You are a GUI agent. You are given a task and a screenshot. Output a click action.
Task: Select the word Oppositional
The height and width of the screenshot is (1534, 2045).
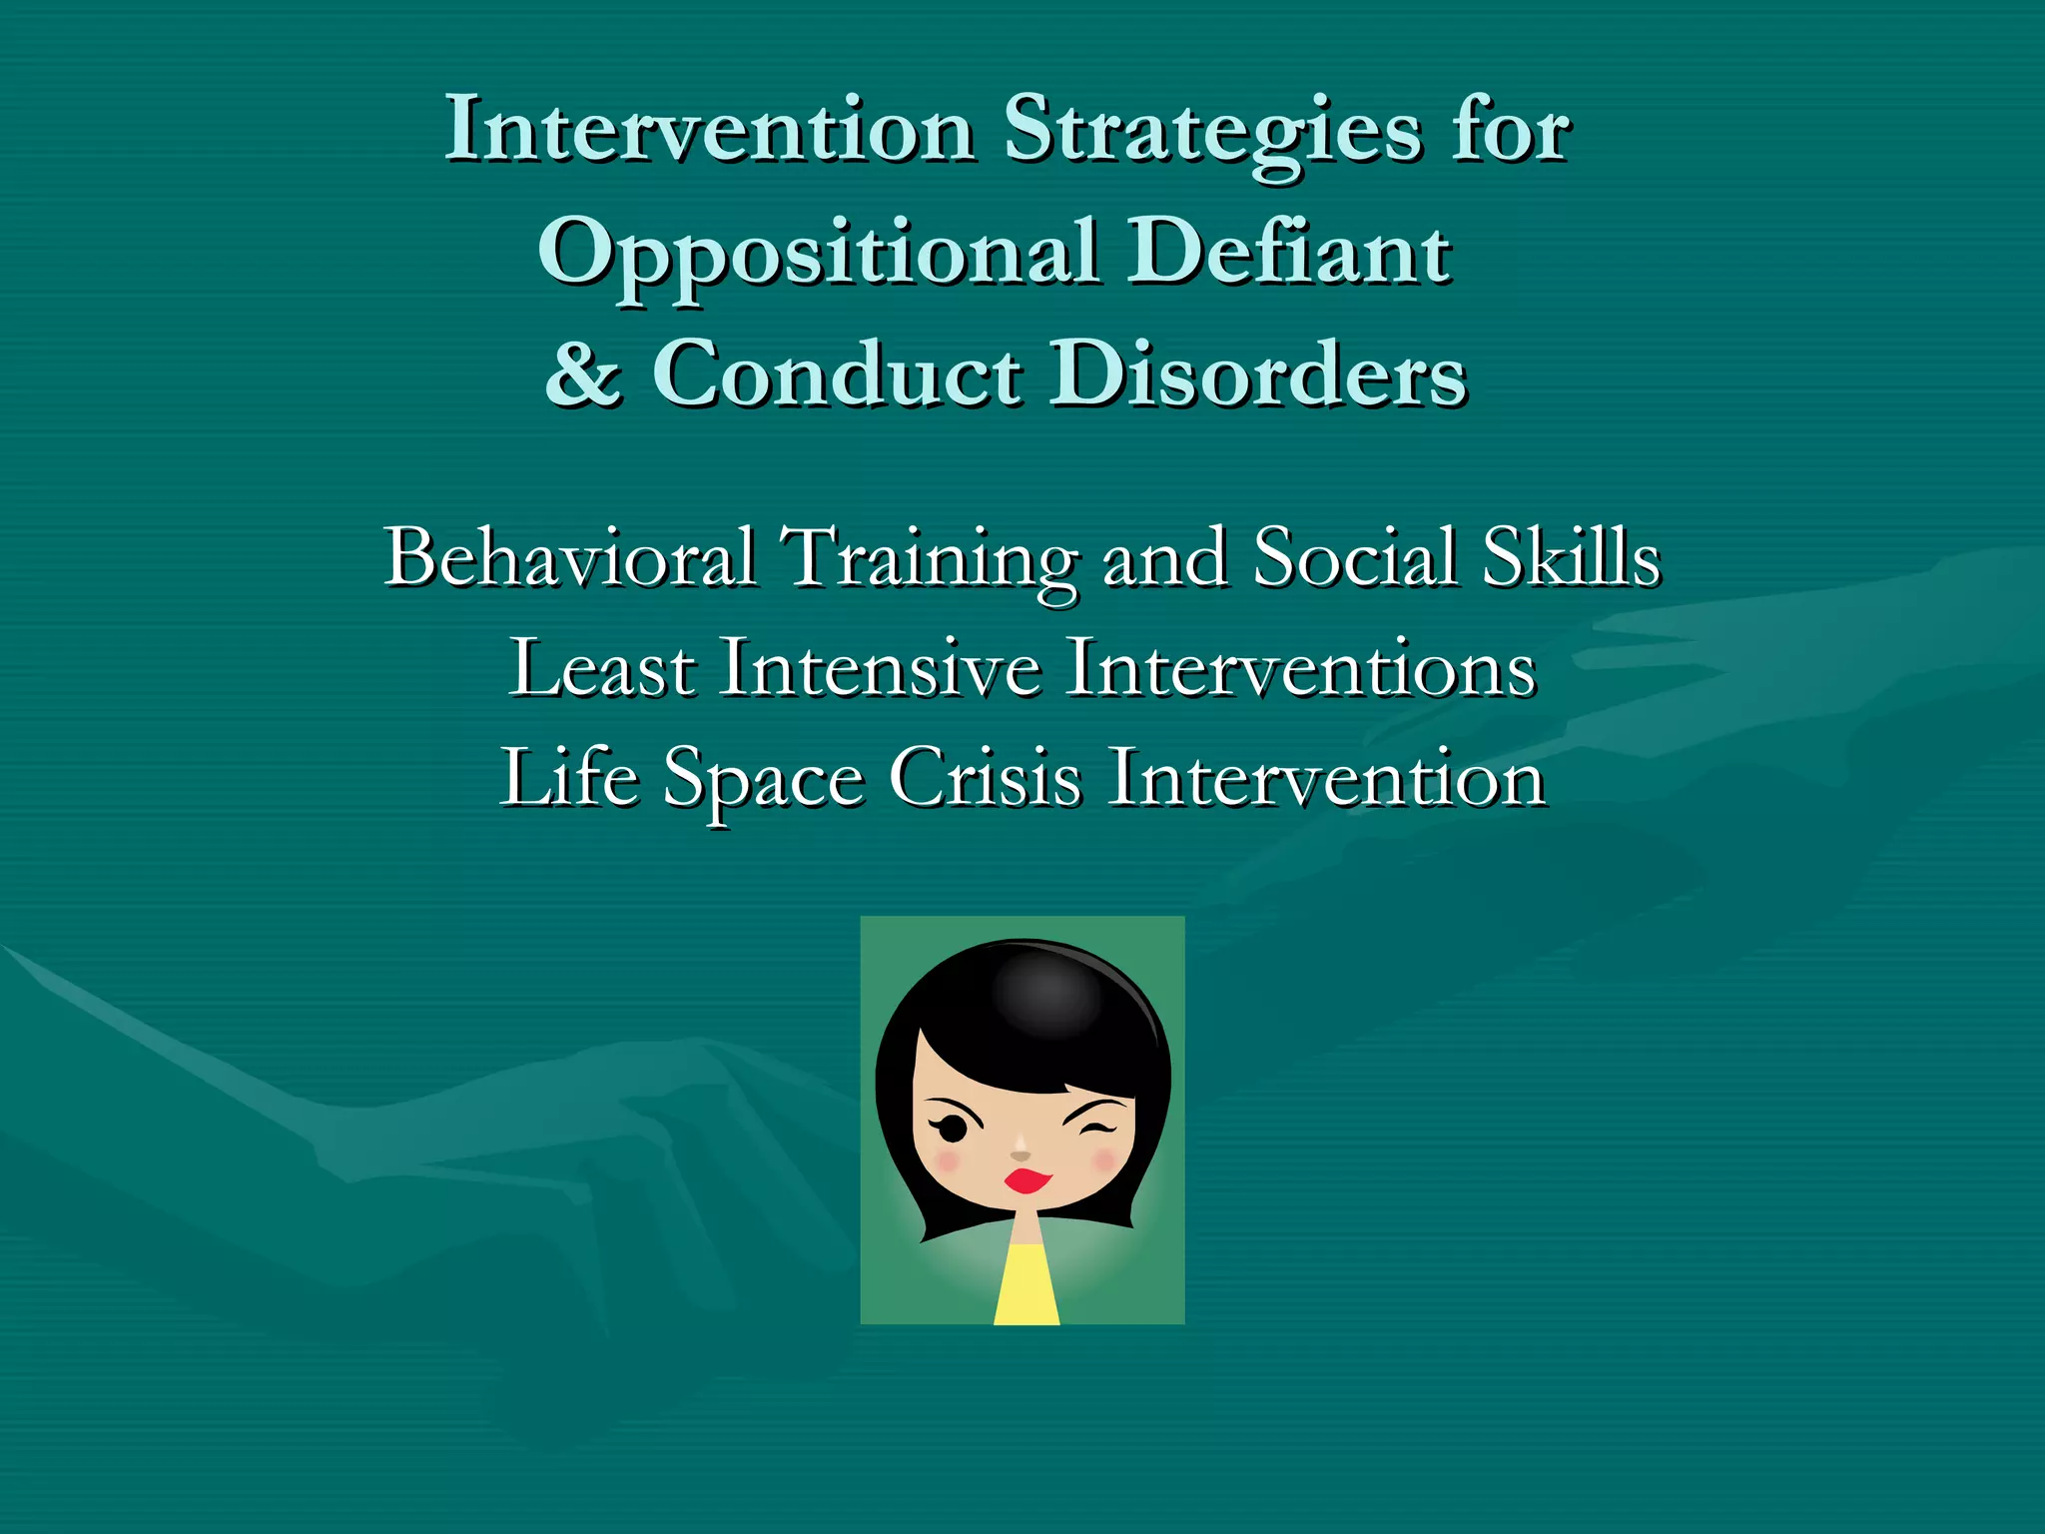point(819,254)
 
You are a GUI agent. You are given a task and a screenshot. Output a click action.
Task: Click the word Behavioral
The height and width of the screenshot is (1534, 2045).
point(570,557)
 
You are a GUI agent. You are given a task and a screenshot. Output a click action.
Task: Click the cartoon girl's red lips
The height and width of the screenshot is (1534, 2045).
point(1027,1180)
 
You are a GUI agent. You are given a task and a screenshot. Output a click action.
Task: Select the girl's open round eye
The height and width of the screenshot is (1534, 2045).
point(952,1129)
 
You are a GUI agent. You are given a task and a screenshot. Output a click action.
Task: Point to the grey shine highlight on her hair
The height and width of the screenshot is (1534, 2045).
point(1046,994)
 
